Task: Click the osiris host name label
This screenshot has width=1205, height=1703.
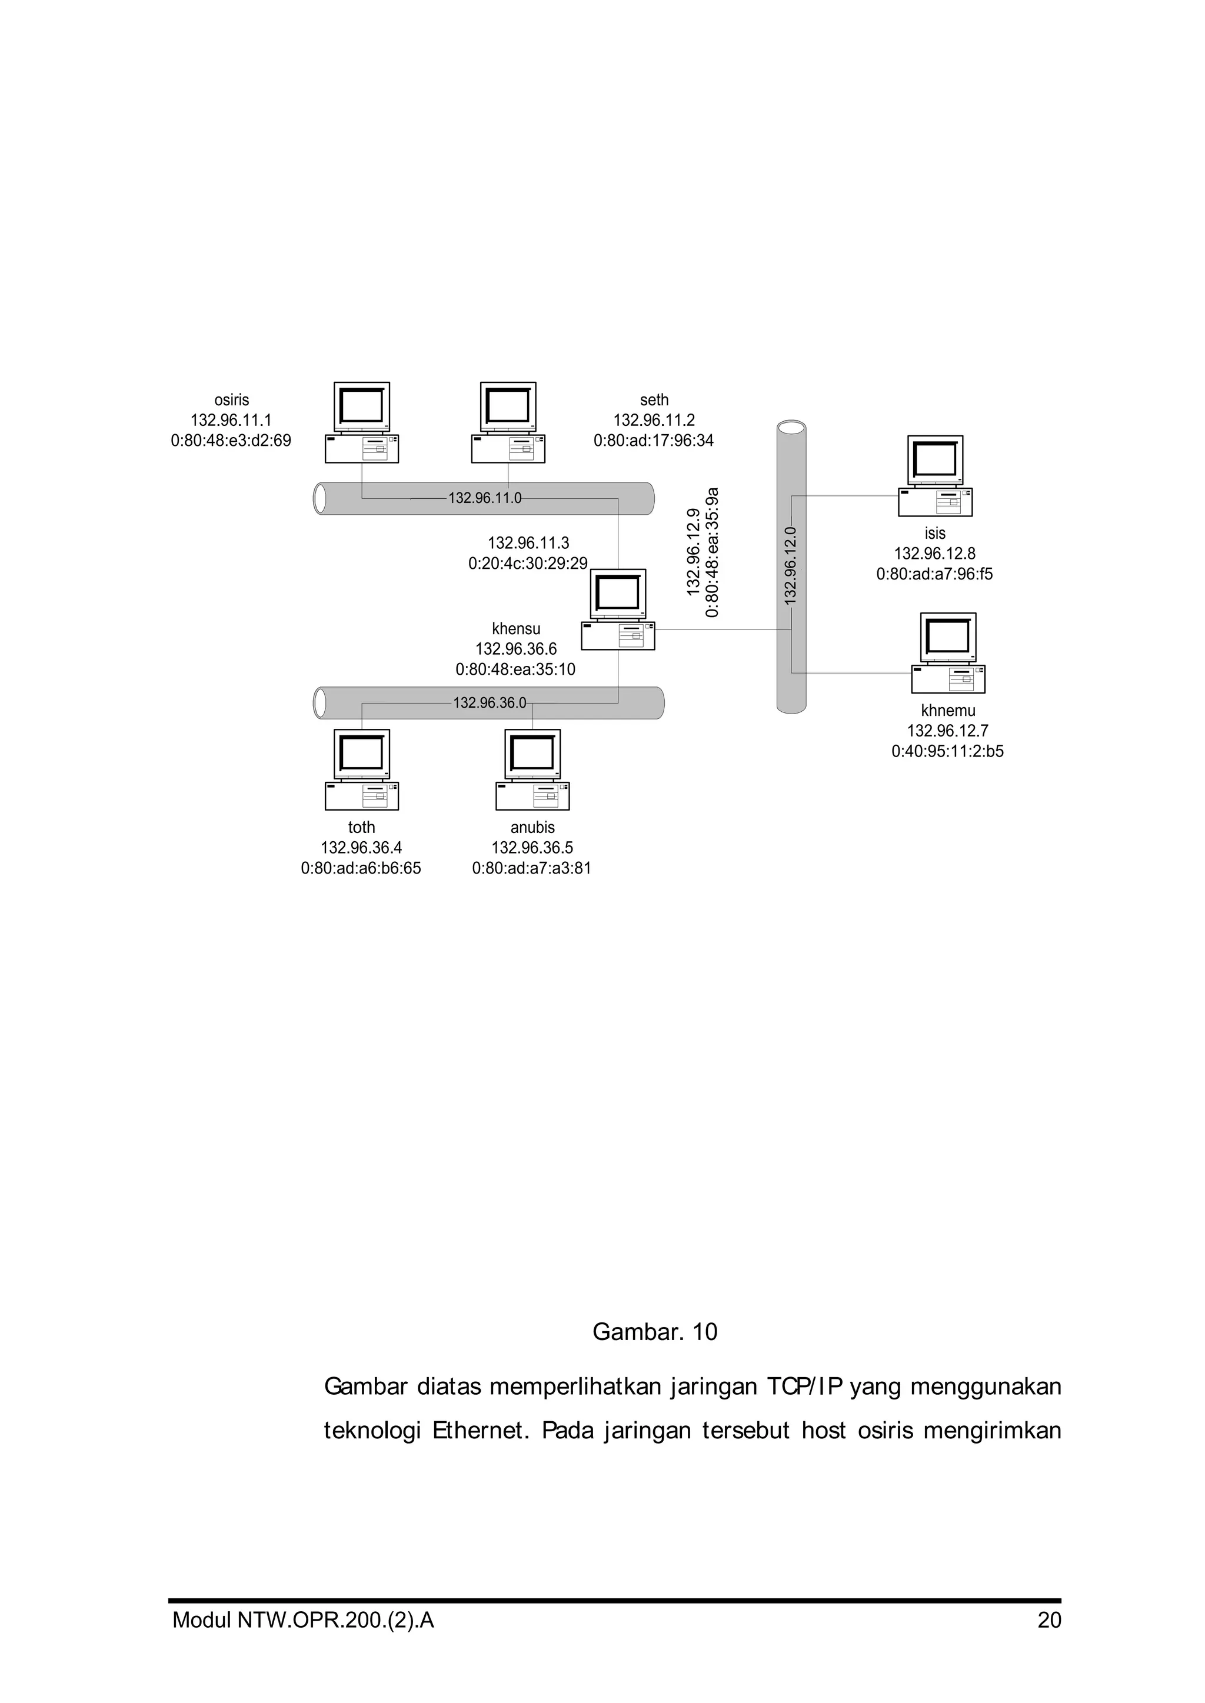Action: pyautogui.click(x=231, y=401)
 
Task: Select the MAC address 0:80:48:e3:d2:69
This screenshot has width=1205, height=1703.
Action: pyautogui.click(x=231, y=441)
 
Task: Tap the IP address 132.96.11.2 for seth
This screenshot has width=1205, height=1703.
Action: pyautogui.click(x=654, y=421)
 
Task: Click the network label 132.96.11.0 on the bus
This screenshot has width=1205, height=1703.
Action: pyautogui.click(x=484, y=498)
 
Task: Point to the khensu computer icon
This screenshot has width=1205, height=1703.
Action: pyautogui.click(x=618, y=609)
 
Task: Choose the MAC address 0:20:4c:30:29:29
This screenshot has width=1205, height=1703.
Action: pyautogui.click(x=528, y=564)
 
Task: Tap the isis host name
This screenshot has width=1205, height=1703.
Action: pyautogui.click(x=935, y=534)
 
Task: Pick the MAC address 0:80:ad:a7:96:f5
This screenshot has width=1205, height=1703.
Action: pyautogui.click(x=934, y=574)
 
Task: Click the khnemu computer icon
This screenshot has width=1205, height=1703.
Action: pyautogui.click(x=948, y=653)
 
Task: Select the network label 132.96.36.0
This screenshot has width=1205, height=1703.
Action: pyautogui.click(x=490, y=702)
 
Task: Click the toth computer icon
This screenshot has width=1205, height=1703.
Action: pyautogui.click(x=362, y=769)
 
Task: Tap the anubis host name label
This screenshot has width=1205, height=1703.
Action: pyautogui.click(x=532, y=828)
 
